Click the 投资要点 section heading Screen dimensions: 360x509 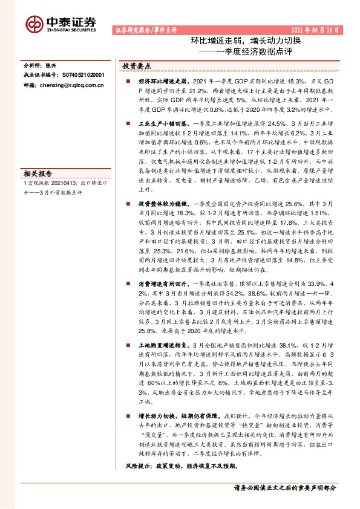[137, 65]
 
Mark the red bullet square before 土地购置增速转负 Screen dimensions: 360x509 [128, 343]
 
